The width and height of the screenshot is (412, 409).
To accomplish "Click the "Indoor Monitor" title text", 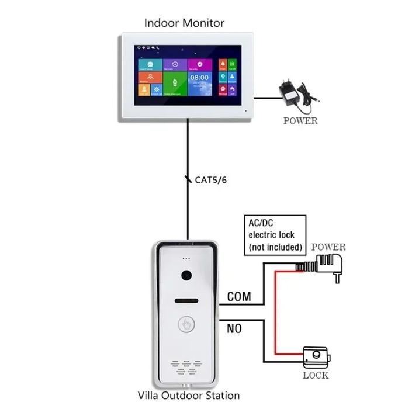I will click(184, 23).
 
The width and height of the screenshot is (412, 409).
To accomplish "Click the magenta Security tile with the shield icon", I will click(199, 64).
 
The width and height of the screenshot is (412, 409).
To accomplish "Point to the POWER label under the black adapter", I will click(300, 121).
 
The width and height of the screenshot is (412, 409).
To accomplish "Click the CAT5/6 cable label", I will click(210, 180).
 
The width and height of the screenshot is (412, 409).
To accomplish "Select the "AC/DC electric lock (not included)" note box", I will click(275, 235).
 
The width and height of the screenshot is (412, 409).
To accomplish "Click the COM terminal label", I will click(238, 297).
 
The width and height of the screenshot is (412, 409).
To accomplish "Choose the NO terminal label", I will click(234, 329).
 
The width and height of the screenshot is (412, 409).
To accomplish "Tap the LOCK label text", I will click(316, 375).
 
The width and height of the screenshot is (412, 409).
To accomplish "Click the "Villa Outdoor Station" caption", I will click(189, 396).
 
